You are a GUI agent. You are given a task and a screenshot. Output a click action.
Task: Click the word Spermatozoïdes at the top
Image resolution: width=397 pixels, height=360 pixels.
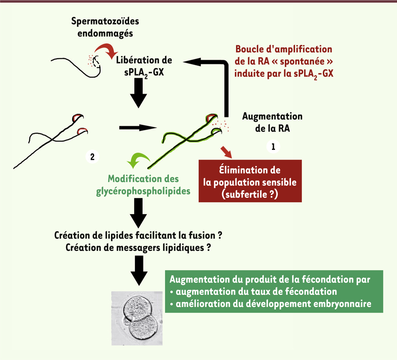pyautogui.click(x=105, y=22)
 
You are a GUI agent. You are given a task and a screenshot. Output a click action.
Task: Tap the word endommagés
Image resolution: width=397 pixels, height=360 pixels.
pyautogui.click(x=105, y=34)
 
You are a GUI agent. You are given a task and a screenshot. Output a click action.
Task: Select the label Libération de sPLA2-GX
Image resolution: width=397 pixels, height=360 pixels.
pyautogui.click(x=144, y=67)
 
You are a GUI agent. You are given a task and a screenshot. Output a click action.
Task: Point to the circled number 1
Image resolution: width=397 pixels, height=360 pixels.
pyautogui.click(x=273, y=147)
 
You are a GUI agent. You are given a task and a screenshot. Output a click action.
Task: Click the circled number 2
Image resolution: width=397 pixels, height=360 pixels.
pyautogui.click(x=92, y=157)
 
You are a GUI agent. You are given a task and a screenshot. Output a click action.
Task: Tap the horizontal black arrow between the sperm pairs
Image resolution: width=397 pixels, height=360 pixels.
pyautogui.click(x=138, y=128)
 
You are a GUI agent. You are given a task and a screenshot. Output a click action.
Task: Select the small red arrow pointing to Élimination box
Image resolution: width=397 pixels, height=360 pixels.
pyautogui.click(x=226, y=152)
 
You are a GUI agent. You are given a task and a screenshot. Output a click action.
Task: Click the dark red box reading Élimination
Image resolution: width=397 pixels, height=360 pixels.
pyautogui.click(x=250, y=181)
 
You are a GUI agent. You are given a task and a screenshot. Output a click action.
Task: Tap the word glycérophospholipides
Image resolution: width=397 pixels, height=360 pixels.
pyautogui.click(x=143, y=191)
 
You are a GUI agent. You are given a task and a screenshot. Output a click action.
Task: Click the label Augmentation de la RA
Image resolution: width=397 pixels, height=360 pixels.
pyautogui.click(x=272, y=122)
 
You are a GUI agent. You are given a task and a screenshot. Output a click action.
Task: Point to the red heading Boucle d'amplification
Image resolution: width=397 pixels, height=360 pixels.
pyautogui.click(x=284, y=49)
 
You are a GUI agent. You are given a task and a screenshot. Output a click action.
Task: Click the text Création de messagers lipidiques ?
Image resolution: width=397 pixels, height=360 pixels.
pyautogui.click(x=138, y=248)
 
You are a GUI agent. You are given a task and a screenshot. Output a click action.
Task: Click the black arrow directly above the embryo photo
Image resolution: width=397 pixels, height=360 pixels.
pyautogui.click(x=139, y=271)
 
